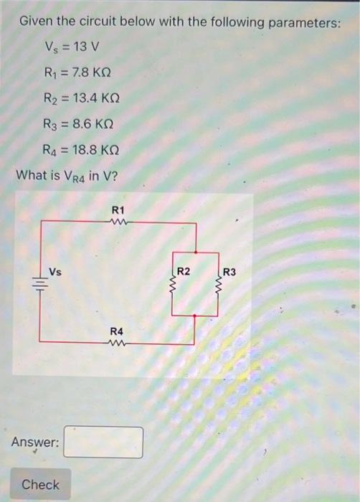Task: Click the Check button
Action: coord(41,485)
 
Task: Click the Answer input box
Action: coord(103,442)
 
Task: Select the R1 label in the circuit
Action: coord(118,209)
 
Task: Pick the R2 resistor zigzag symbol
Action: coord(174,285)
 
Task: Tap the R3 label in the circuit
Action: coord(229,272)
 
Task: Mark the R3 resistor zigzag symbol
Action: coord(218,285)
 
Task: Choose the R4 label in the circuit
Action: coord(117,331)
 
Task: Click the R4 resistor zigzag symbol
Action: coord(117,343)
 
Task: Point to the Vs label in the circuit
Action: coord(55,270)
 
